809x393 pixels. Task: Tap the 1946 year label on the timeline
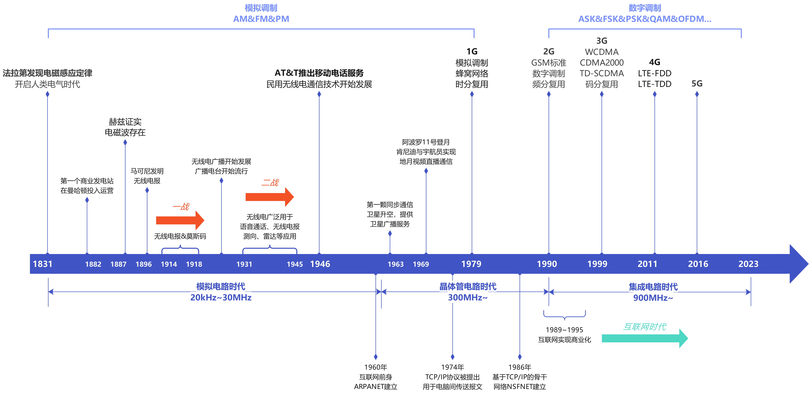[x=320, y=264]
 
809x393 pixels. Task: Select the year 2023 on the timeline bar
[x=748, y=264]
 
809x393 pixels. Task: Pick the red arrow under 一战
[x=180, y=220]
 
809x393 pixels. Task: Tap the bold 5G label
[x=697, y=84]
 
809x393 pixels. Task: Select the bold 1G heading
[x=472, y=51]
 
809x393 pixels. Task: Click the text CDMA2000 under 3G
[x=602, y=63]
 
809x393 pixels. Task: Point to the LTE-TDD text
[x=654, y=84]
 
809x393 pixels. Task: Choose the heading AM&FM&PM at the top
[x=261, y=19]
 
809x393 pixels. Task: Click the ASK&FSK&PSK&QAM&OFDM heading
[x=645, y=19]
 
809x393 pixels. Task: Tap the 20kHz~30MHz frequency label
[x=221, y=297]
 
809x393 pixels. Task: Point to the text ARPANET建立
[x=376, y=387]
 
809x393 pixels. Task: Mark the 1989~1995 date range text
[x=564, y=330]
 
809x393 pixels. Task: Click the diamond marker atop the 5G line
[x=697, y=94]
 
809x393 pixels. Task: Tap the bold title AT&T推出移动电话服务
[x=319, y=73]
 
